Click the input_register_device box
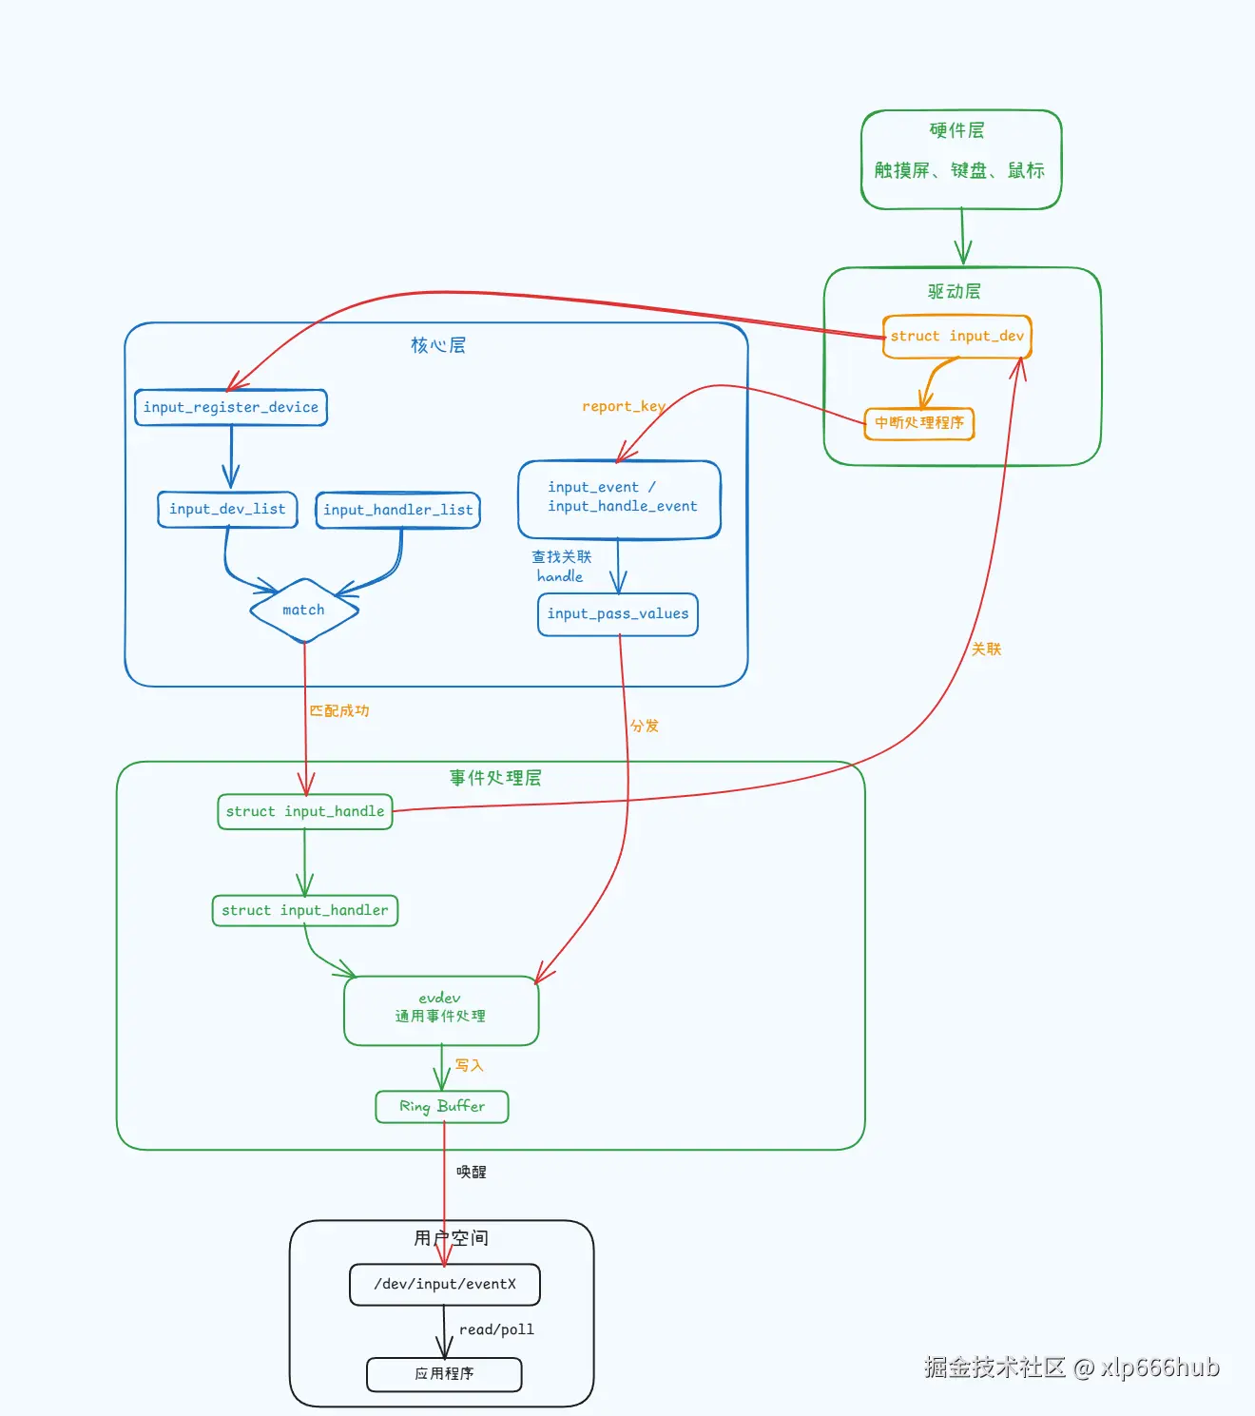coord(231,407)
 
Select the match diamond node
coord(303,611)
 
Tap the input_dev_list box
coord(227,509)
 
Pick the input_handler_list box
coord(397,510)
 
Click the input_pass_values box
coord(618,614)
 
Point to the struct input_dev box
coord(956,337)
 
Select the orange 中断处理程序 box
coord(918,423)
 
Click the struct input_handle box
coord(305,811)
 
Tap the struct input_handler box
coord(304,910)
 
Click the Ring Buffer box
coord(442,1106)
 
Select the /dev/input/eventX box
coord(444,1285)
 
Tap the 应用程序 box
coord(444,1374)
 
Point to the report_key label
coord(623,406)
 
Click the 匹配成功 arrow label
coord(338,710)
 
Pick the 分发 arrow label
coord(645,726)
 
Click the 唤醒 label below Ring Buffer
coord(472,1172)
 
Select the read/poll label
coord(496,1329)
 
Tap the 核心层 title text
coord(438,345)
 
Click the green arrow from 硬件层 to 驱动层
coord(962,238)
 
